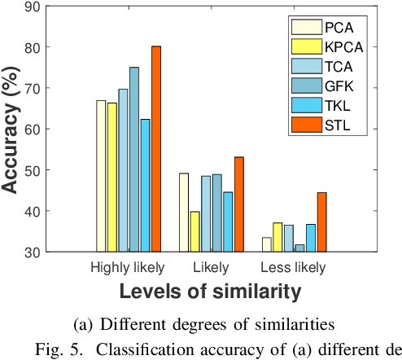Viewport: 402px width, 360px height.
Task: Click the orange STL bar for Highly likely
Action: click(155, 149)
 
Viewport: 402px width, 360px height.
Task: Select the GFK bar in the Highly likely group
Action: click(133, 160)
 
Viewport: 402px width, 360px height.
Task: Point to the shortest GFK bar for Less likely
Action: click(299, 248)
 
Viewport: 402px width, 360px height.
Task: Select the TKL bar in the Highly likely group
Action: click(145, 186)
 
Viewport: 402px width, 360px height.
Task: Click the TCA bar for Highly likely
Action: click(123, 170)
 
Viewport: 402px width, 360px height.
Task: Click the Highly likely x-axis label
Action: click(127, 267)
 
